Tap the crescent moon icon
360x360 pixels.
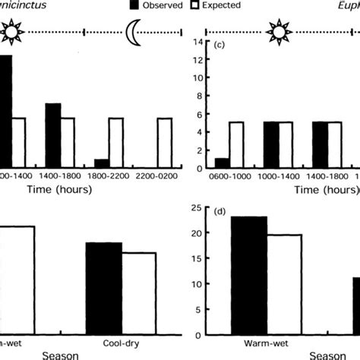coord(136,32)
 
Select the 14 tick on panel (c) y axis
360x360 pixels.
coord(197,41)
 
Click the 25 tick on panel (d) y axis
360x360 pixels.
coord(195,208)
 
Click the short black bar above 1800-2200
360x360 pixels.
coord(101,164)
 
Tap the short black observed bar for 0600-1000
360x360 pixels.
coord(221,163)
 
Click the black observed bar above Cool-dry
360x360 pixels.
coord(104,289)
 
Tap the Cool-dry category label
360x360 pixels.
coord(121,343)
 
